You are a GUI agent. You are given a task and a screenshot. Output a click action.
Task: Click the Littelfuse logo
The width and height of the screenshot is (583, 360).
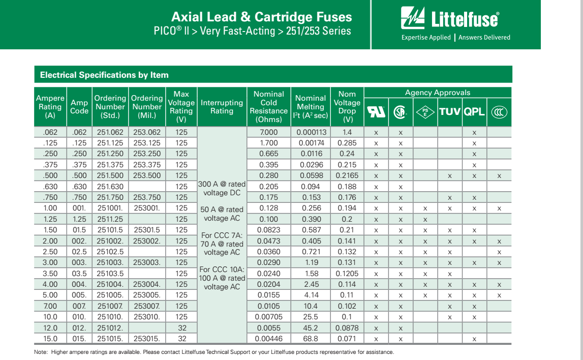pyautogui.click(x=450, y=19)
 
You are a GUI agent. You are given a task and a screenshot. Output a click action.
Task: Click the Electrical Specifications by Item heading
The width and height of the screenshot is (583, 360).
pyautogui.click(x=104, y=75)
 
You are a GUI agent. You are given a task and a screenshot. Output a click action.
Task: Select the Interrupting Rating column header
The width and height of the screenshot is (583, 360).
pyautogui.click(x=222, y=107)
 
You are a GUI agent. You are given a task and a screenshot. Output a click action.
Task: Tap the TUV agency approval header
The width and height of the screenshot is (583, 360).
pyautogui.click(x=449, y=111)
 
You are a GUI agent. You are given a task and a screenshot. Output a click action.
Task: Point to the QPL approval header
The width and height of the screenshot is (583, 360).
pyautogui.click(x=474, y=111)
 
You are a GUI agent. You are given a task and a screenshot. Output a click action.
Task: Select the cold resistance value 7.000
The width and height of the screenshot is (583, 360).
pyautogui.click(x=268, y=132)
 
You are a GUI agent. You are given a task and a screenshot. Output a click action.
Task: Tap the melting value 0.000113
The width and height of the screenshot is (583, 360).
pyautogui.click(x=311, y=132)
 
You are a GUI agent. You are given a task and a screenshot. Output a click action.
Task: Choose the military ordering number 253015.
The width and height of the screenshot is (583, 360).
pyautogui.click(x=146, y=339)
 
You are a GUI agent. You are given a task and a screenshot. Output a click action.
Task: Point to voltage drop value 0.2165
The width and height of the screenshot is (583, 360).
pyautogui.click(x=348, y=175)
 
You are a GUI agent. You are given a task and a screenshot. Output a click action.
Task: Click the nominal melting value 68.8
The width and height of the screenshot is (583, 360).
pyautogui.click(x=311, y=339)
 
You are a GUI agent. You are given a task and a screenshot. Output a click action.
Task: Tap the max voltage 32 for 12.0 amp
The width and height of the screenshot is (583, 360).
pyautogui.click(x=181, y=328)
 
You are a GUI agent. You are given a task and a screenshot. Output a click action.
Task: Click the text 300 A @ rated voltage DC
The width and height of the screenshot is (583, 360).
pyautogui.click(x=222, y=188)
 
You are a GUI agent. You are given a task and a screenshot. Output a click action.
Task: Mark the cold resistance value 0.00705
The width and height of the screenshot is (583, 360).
pyautogui.click(x=268, y=317)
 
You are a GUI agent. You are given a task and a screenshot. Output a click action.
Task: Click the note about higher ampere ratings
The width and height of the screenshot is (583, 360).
pyautogui.click(x=213, y=352)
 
